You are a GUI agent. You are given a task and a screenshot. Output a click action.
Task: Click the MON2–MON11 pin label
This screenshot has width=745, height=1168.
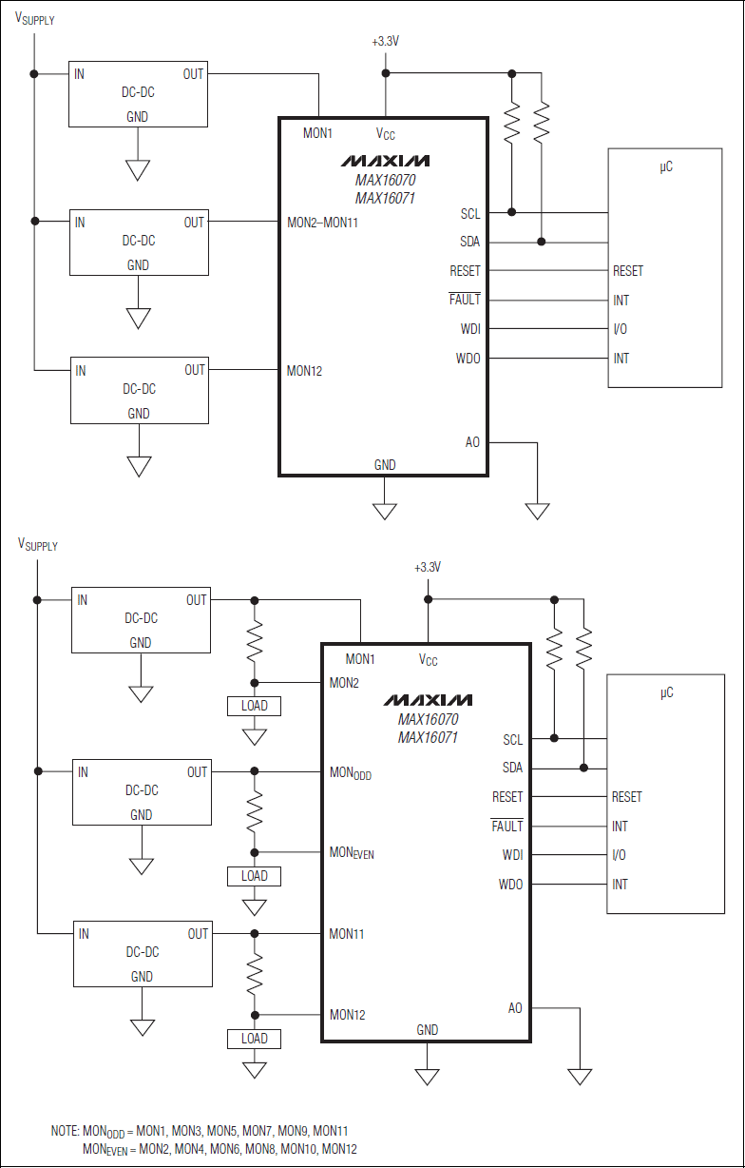tap(322, 224)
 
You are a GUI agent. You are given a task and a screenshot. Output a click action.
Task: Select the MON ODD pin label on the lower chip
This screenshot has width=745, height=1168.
tap(351, 773)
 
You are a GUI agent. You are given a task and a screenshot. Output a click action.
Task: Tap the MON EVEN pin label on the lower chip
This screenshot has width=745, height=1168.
tap(352, 852)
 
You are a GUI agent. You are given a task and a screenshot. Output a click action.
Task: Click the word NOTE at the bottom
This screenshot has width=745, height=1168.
tap(65, 1131)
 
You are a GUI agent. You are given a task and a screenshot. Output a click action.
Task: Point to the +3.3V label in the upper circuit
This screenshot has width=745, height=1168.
tap(386, 43)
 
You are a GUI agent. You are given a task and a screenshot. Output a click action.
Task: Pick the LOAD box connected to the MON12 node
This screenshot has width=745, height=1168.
tap(255, 1039)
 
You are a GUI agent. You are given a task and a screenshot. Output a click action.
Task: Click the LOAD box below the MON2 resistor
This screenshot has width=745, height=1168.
tap(255, 706)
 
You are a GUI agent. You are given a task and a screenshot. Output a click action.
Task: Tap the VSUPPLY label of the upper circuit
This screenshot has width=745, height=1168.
tap(35, 19)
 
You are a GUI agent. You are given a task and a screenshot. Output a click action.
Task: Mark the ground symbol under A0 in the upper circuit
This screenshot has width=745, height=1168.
tap(538, 511)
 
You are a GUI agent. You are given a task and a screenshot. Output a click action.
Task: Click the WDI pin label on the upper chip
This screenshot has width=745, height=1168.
tap(470, 329)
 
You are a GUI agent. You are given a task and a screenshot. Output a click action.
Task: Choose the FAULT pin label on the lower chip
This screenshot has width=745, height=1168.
tap(506, 826)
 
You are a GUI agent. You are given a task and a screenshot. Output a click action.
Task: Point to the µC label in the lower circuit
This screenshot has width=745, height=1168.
tap(666, 692)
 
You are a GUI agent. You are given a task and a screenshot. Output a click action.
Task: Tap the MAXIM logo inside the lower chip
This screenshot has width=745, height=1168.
tap(428, 700)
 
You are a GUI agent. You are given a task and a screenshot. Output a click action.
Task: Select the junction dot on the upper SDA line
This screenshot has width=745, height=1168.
tap(542, 242)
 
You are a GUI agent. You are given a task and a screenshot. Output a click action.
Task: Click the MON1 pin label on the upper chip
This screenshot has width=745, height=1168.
tap(317, 133)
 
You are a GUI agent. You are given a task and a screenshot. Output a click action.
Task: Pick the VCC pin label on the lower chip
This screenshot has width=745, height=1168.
tap(429, 659)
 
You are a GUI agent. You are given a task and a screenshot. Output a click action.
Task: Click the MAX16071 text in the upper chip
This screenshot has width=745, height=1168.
tap(385, 198)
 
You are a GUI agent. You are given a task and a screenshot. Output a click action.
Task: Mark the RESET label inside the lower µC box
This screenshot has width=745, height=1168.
tap(627, 797)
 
